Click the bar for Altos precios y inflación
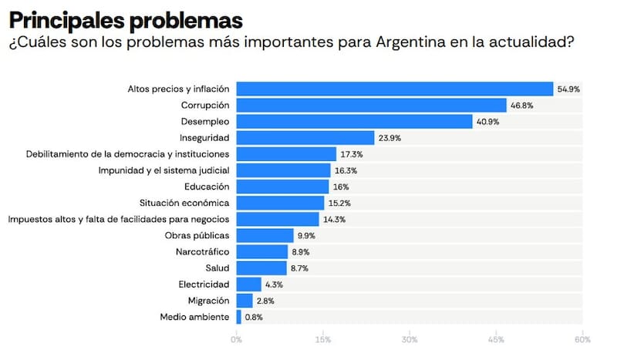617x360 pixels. point(394,89)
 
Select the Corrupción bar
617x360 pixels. point(371,105)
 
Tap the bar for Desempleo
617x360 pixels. point(354,121)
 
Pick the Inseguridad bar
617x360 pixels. point(305,137)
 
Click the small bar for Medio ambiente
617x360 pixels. point(238,317)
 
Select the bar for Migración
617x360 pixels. point(244,301)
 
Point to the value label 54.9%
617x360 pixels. point(568,89)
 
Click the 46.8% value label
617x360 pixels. point(522,106)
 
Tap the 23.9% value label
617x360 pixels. point(389,138)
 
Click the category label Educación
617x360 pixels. point(207,187)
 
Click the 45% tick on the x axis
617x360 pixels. point(496,339)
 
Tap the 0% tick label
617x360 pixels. point(236,339)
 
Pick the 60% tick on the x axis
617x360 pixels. point(582,339)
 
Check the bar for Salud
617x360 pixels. point(261,268)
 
